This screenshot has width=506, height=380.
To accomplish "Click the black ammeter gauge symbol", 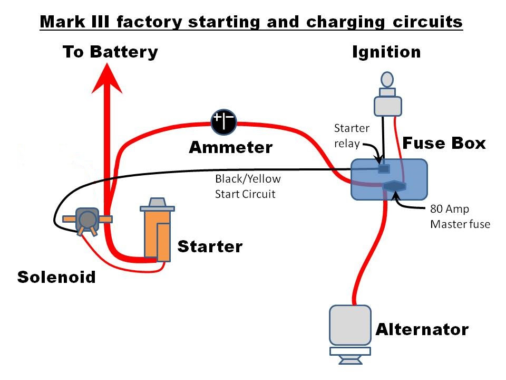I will (223, 122).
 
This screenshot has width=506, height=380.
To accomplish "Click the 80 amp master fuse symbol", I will (395, 186).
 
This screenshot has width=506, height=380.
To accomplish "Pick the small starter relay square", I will (384, 169).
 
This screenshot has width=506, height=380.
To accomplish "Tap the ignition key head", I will (387, 80).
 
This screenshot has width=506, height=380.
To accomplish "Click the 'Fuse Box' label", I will (444, 143).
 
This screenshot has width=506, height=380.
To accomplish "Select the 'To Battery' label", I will (110, 52).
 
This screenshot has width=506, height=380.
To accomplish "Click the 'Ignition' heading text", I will (386, 52).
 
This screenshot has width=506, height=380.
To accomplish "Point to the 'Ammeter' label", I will (230, 147).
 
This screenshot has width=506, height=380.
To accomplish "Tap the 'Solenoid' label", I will (56, 277).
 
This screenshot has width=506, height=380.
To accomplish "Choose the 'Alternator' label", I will (422, 330).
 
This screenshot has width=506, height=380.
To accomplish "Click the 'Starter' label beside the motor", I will (210, 246).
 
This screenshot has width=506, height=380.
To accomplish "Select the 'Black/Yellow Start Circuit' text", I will (245, 186).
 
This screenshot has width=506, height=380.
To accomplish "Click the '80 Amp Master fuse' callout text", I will (460, 216).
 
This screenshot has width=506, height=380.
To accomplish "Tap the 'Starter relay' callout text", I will (352, 135).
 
